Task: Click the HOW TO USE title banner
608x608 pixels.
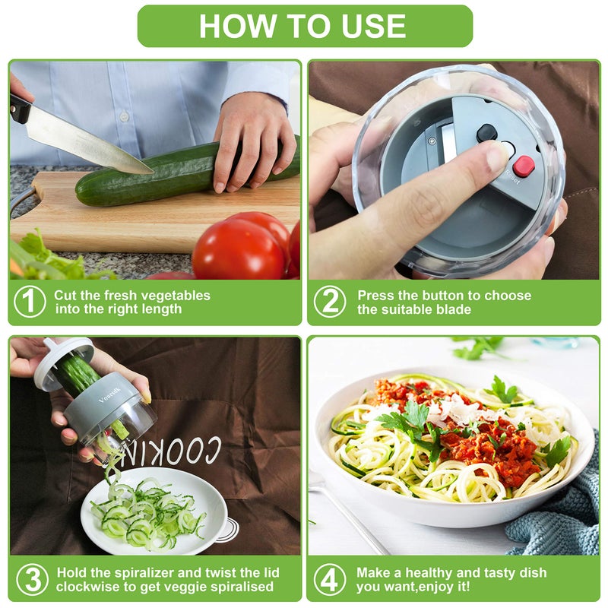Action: click(304, 26)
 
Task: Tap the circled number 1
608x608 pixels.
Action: click(30, 302)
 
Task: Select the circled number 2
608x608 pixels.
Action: click(330, 302)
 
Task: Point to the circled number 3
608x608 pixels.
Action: click(32, 579)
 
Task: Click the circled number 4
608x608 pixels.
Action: click(329, 579)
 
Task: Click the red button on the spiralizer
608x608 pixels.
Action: click(523, 166)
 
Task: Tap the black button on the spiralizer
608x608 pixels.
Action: click(486, 133)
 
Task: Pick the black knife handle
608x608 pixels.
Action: click(20, 107)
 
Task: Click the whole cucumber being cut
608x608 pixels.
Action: click(175, 175)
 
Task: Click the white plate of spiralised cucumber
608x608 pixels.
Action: click(152, 509)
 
